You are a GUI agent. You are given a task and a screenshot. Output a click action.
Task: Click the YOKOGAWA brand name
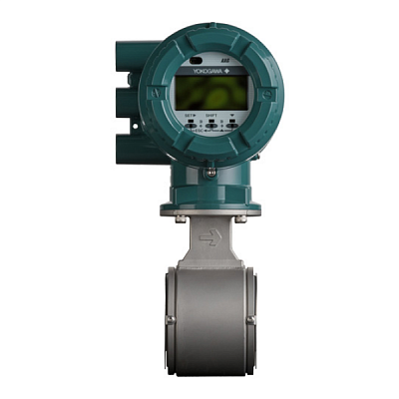tap(199, 70)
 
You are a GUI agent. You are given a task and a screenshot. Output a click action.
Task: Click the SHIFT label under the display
tap(210, 117)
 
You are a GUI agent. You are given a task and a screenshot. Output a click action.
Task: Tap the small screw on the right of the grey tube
tap(251, 319)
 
